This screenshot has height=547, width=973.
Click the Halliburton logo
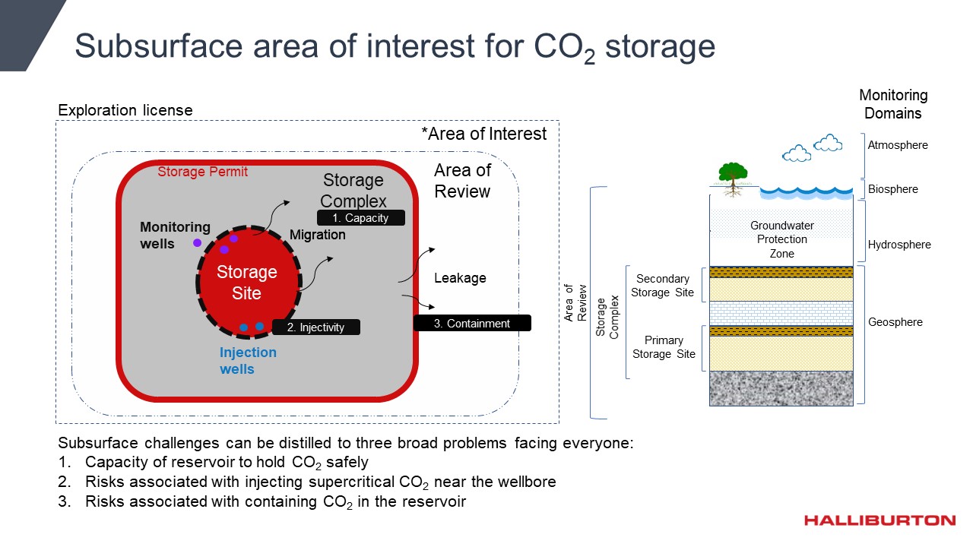pyautogui.click(x=880, y=520)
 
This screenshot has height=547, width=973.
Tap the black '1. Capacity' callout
pyautogui.click(x=361, y=218)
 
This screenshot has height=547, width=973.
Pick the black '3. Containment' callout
pyautogui.click(x=472, y=324)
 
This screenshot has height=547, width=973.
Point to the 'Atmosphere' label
pyautogui.click(x=898, y=145)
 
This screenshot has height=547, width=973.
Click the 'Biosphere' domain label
pyautogui.click(x=893, y=189)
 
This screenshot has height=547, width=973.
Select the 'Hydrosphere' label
pyautogui.click(x=899, y=245)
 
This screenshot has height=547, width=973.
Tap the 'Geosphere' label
pyautogui.click(x=895, y=322)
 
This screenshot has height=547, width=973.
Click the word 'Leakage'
pyautogui.click(x=460, y=278)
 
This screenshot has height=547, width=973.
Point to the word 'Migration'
pyautogui.click(x=317, y=235)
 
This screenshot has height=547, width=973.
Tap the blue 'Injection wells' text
pyautogui.click(x=248, y=361)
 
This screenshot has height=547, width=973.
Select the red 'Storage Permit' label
pyautogui.click(x=202, y=172)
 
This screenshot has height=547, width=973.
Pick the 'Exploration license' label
pyautogui.click(x=125, y=111)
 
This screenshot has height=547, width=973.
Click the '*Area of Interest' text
pyautogui.click(x=483, y=134)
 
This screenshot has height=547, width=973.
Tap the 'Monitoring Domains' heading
pyautogui.click(x=893, y=104)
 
